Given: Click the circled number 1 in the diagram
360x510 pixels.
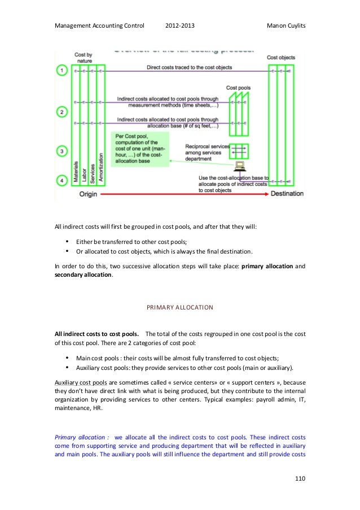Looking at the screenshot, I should pyautogui.click(x=62, y=71).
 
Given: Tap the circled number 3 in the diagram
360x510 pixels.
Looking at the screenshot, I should pyautogui.click(x=62, y=151).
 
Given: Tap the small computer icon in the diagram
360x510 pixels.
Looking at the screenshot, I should pyautogui.click(x=239, y=166).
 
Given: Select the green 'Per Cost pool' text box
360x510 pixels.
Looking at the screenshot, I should pyautogui.click(x=139, y=149).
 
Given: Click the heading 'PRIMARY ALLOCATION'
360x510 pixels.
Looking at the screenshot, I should pyautogui.click(x=179, y=308).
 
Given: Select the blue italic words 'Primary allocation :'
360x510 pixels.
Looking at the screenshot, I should pyautogui.click(x=81, y=437).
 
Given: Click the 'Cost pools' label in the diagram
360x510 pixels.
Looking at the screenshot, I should pyautogui.click(x=238, y=88).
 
